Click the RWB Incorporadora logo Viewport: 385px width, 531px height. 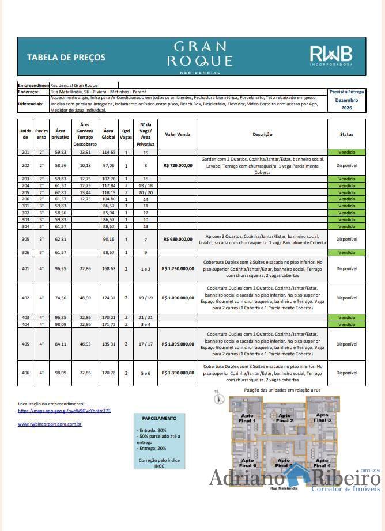click(x=331, y=56)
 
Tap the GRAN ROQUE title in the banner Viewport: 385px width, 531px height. click(x=200, y=54)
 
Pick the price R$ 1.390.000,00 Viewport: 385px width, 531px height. click(x=178, y=373)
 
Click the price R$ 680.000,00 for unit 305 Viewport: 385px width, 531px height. click(x=178, y=239)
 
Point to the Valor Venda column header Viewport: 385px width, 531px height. click(x=178, y=134)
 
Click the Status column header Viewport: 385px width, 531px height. click(x=346, y=134)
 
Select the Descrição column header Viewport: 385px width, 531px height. click(x=262, y=134)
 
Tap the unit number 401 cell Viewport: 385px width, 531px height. click(x=25, y=268)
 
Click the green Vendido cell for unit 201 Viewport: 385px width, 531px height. click(x=346, y=153)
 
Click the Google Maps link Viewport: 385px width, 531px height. click(x=64, y=411)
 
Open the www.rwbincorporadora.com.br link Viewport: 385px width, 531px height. click(x=50, y=424)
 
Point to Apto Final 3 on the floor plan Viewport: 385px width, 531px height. click(x=322, y=418)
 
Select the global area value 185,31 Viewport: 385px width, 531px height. click(x=108, y=344)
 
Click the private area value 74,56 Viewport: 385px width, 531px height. click(x=61, y=298)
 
